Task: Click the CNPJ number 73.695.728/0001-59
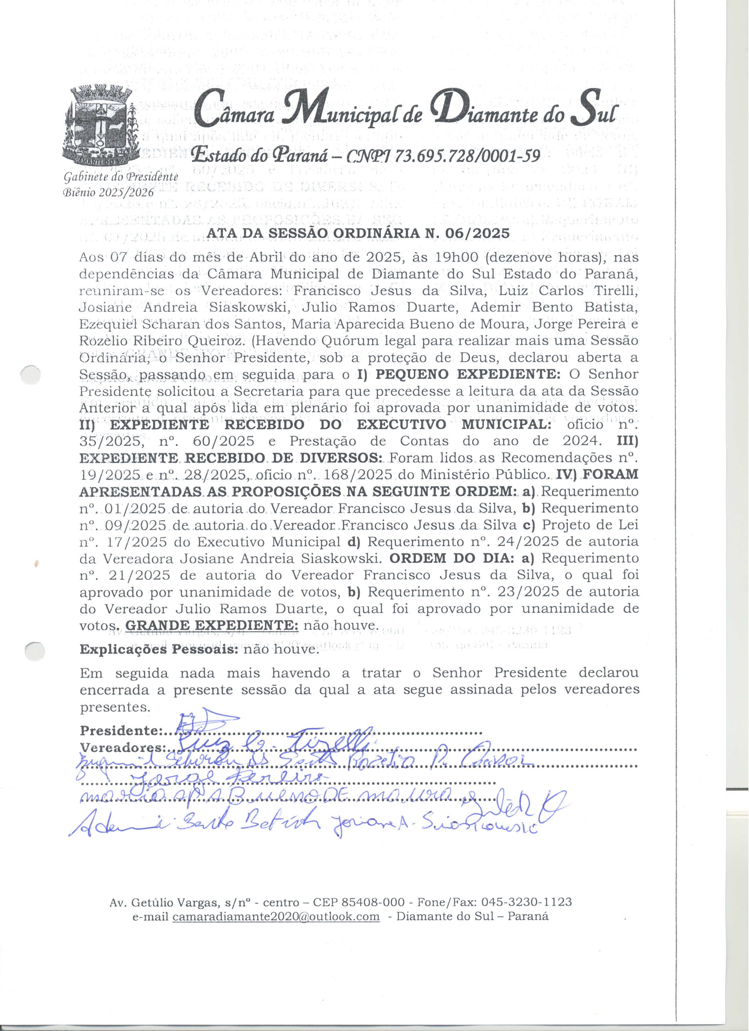(468, 156)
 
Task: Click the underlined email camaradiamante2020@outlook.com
(276, 916)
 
